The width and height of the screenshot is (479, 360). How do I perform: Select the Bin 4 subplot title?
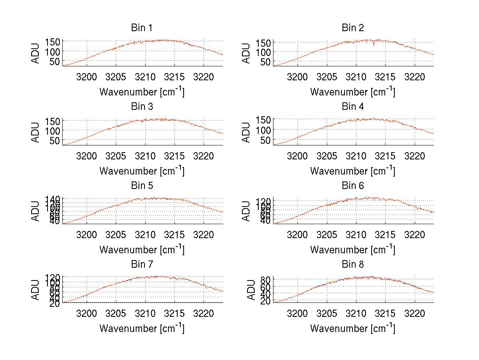pyautogui.click(x=352, y=107)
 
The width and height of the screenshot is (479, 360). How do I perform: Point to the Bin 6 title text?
pyautogui.click(x=352, y=186)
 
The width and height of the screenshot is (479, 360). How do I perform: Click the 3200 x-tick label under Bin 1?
pyautogui.click(x=86, y=77)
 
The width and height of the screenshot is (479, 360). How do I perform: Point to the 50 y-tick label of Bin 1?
pyautogui.click(x=55, y=61)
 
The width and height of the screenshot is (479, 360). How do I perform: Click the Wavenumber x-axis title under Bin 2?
pyautogui.click(x=352, y=91)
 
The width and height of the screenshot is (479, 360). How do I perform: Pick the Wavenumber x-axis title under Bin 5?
pyautogui.click(x=142, y=249)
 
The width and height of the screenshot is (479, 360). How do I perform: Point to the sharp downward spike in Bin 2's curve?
pyautogui.click(x=374, y=45)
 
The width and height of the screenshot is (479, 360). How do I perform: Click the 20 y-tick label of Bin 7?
pyautogui.click(x=55, y=303)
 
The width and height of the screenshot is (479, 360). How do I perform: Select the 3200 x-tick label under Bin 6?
pyautogui.click(x=297, y=235)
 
